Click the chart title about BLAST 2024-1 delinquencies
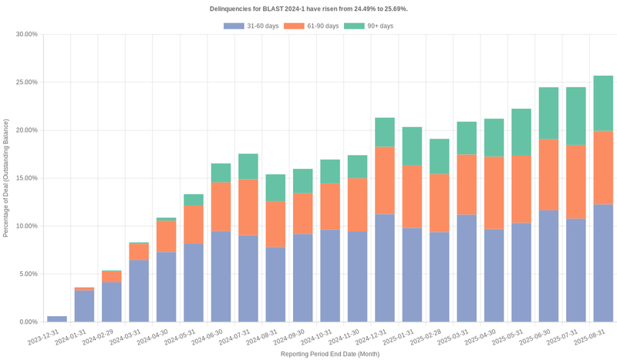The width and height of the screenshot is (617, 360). point(308,8)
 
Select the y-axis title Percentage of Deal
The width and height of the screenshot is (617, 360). point(6,178)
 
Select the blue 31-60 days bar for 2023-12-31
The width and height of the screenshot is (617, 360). point(57,318)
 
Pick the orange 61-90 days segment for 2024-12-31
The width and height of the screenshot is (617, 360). point(385,180)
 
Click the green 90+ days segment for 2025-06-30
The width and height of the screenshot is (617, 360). point(548,113)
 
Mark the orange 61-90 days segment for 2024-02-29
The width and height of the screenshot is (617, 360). point(112,277)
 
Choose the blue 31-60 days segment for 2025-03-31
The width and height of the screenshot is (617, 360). point(467,268)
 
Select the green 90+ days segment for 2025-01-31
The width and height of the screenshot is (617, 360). point(412,146)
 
